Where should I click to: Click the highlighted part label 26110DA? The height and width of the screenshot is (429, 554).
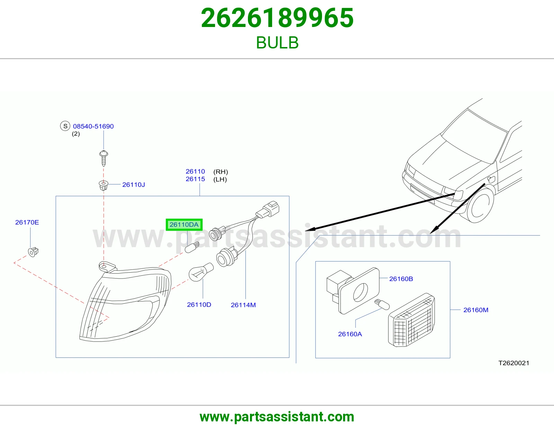click(184, 225)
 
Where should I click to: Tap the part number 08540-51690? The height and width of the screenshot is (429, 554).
click(93, 126)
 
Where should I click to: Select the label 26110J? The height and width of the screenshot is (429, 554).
click(134, 185)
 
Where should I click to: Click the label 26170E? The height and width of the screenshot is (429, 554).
click(27, 222)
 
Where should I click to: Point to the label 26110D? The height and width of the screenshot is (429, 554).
click(199, 305)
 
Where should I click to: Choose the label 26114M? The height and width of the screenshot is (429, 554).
click(243, 305)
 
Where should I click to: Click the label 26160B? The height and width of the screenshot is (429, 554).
click(401, 279)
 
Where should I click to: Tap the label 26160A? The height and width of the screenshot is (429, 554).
click(350, 334)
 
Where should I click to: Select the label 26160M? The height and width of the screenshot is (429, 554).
click(476, 310)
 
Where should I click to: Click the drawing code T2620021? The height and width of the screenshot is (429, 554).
click(514, 363)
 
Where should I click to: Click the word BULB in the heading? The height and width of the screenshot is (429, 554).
click(277, 43)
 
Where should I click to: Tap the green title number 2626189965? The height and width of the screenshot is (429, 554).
click(277, 18)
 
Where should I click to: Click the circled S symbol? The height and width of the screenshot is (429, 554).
click(65, 126)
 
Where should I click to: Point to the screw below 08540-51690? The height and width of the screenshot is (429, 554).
click(104, 158)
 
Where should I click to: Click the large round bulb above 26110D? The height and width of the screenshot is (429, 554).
click(200, 272)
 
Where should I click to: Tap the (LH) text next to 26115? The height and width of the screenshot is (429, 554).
click(220, 179)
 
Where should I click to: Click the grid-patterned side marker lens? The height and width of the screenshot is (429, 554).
click(411, 320)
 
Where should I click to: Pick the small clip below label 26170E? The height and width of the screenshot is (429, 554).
click(33, 252)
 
